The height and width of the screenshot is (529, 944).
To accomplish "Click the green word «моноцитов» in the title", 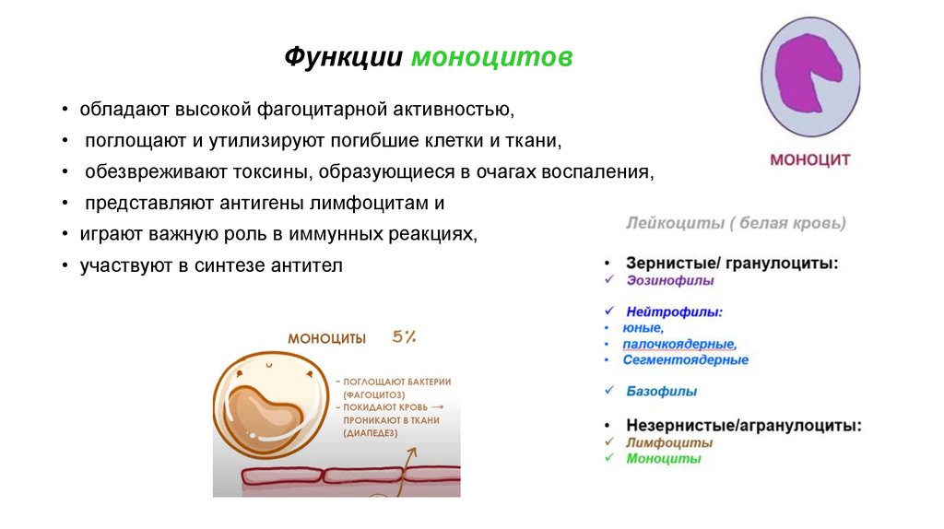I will coord(491,57).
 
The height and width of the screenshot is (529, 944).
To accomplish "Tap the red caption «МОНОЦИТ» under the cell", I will coord(809,160).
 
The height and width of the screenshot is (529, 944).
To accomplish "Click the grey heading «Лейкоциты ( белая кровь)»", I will coord(735,223).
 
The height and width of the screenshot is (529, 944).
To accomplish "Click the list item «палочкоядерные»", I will coord(678,344).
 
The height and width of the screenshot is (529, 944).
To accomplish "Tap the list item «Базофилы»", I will coord(661,391).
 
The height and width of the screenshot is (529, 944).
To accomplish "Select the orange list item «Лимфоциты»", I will coord(668,442).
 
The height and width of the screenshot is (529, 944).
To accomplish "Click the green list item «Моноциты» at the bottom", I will coord(663,458).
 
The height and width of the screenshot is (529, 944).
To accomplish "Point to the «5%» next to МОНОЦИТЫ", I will coord(404,337).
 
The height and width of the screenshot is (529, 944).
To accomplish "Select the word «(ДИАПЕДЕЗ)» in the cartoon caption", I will coord(372,432).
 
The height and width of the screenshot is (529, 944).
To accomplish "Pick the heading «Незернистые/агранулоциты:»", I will coord(744,426).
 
